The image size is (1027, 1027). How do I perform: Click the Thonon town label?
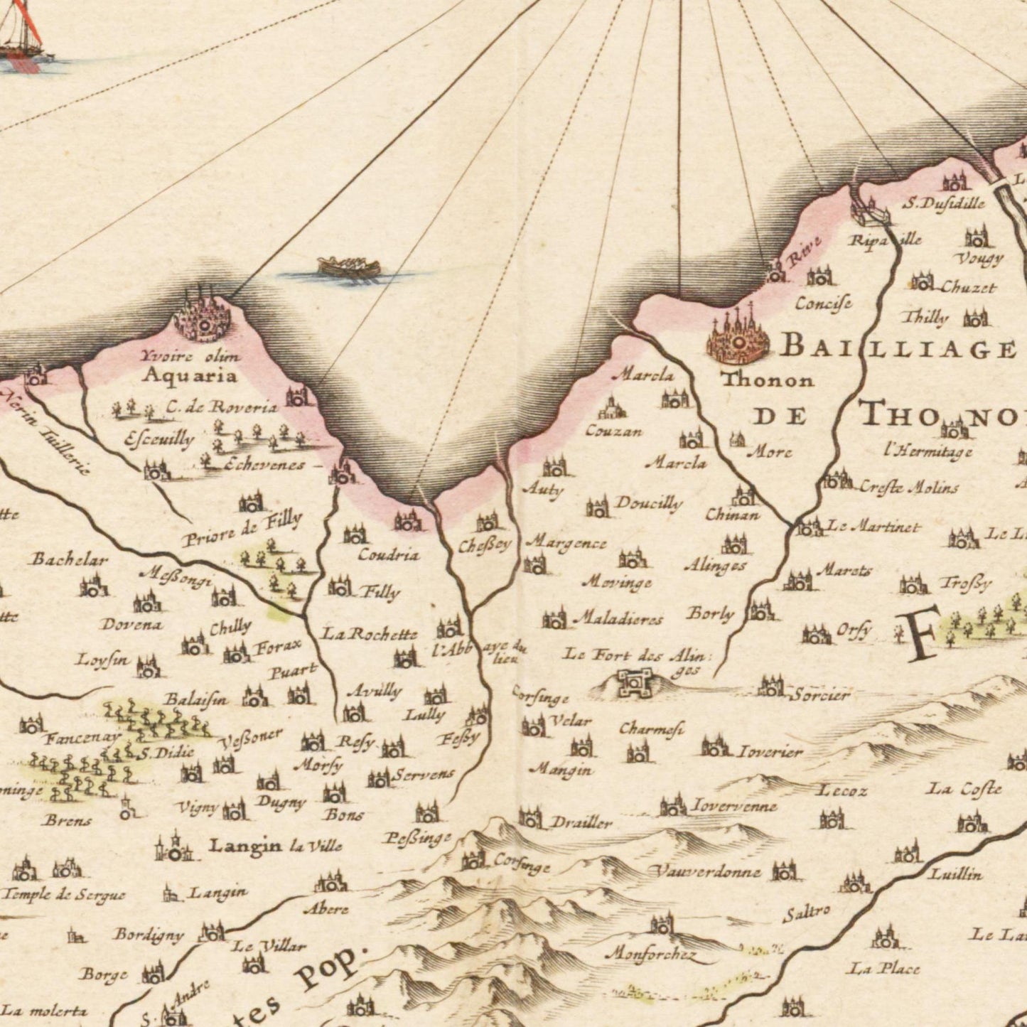(x=767, y=380)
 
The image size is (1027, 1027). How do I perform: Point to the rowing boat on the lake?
(x=349, y=268)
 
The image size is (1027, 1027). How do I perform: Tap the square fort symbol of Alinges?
(x=629, y=682)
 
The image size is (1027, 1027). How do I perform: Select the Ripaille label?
(x=885, y=240)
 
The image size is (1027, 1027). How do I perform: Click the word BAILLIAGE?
(x=898, y=348)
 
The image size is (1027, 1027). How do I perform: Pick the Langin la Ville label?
(x=276, y=846)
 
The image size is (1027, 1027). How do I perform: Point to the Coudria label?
(x=388, y=555)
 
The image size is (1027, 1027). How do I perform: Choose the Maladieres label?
(x=618, y=619)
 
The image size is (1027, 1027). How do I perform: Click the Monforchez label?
(x=650, y=955)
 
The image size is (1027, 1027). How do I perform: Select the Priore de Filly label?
(x=242, y=529)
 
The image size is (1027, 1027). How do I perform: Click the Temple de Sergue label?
(x=64, y=896)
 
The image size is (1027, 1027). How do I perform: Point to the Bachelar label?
(x=69, y=559)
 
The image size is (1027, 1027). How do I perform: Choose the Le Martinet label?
(x=873, y=527)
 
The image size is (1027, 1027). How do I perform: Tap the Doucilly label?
(x=648, y=504)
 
